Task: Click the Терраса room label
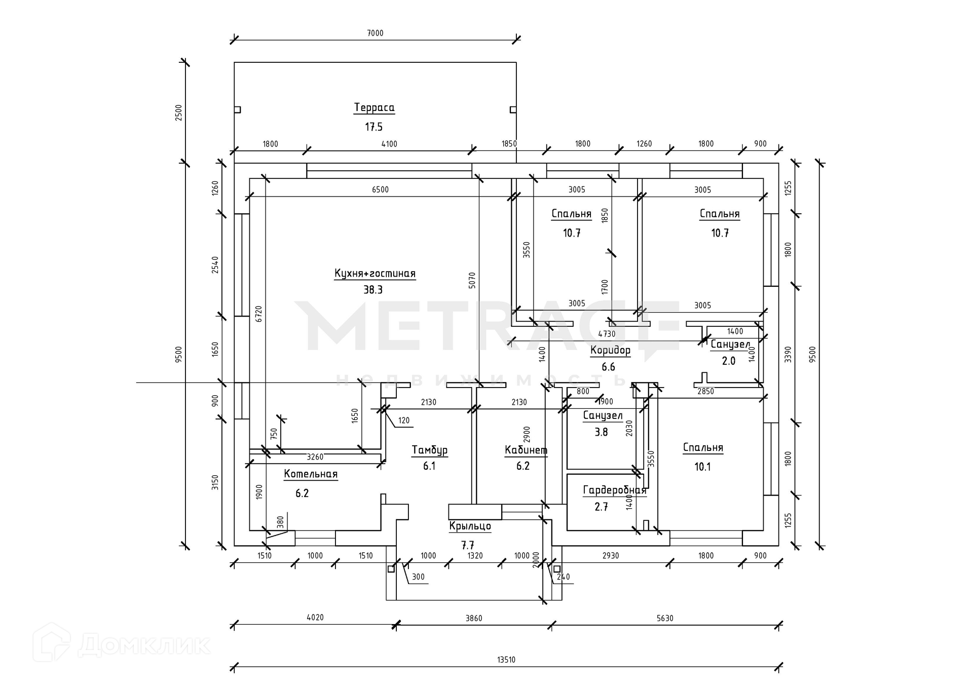(x=374, y=107)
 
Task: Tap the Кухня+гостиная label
(x=375, y=274)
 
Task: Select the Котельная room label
(x=311, y=474)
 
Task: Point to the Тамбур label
(x=429, y=450)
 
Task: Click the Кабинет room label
(x=526, y=450)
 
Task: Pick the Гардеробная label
(x=614, y=490)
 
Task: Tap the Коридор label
(x=610, y=350)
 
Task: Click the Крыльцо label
(x=470, y=526)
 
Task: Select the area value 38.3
(x=373, y=290)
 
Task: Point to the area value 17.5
(x=374, y=127)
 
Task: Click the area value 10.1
(x=702, y=467)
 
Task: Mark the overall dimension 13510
(x=506, y=660)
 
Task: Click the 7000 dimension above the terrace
(x=375, y=33)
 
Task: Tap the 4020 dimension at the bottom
(x=315, y=618)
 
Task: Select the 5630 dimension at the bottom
(x=665, y=618)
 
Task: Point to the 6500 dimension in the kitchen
(x=380, y=189)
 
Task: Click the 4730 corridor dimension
(x=607, y=334)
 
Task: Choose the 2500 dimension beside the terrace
(x=178, y=112)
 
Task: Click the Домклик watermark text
(x=144, y=645)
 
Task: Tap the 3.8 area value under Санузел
(x=601, y=432)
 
